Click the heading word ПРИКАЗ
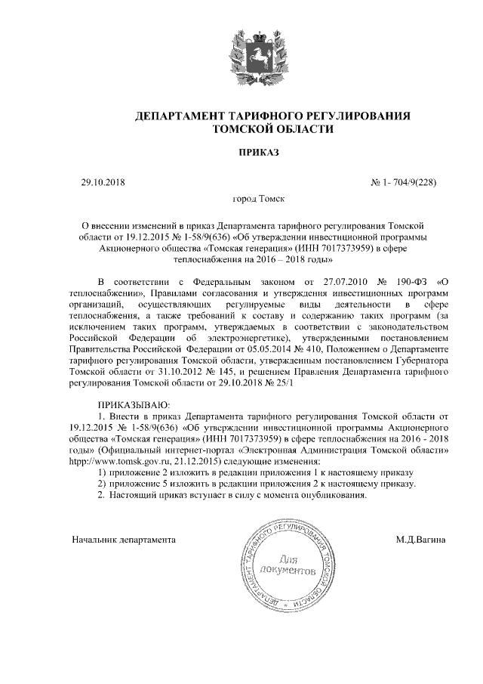point(259,153)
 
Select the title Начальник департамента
point(124,540)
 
